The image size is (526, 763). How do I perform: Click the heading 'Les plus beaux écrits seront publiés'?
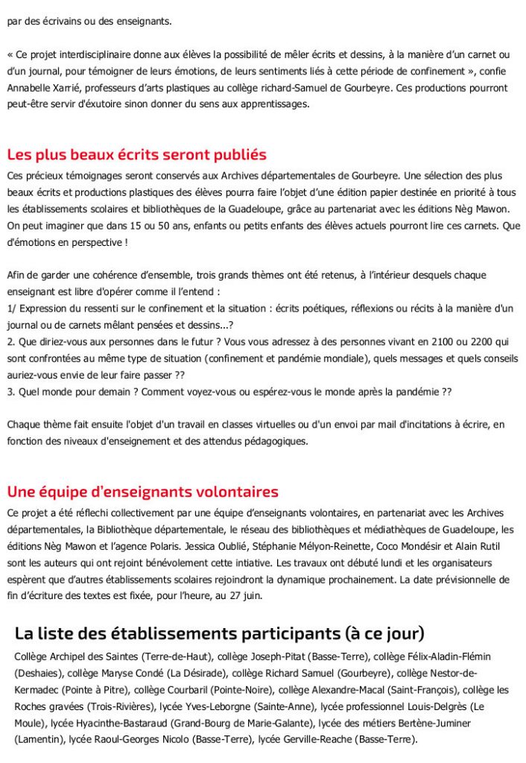[x=136, y=155]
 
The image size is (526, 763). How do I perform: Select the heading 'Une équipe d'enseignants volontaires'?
[x=142, y=492]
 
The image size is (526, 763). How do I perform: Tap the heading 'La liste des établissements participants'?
[x=219, y=633]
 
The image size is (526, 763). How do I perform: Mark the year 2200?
[x=442, y=341]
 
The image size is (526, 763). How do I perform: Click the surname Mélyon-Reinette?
[x=350, y=545]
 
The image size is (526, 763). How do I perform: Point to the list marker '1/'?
[x=11, y=308]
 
